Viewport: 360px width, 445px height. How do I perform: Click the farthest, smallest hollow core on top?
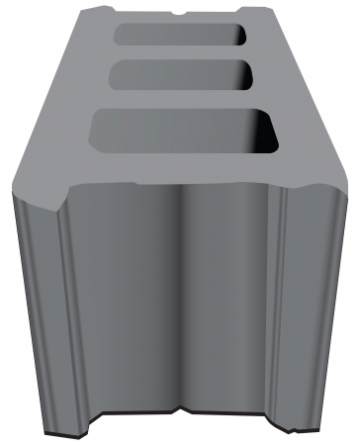click(x=181, y=35)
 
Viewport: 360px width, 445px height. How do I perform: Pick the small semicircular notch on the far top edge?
click(x=178, y=12)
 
